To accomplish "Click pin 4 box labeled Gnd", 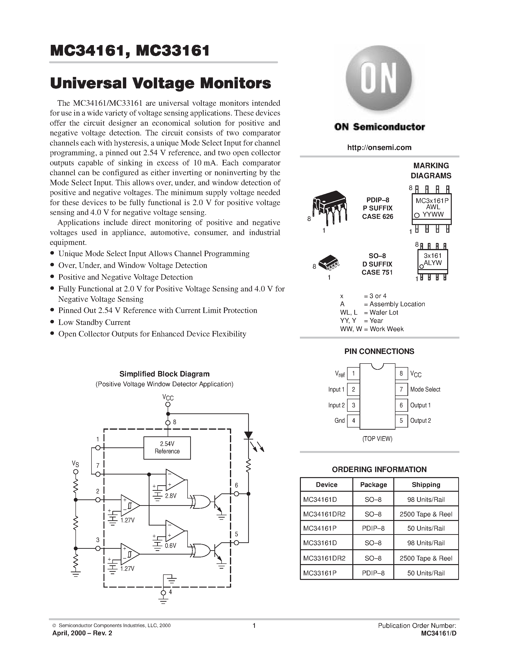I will tap(353, 421).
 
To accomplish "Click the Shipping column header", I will tap(426, 485).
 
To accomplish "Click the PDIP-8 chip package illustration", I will tap(330, 207).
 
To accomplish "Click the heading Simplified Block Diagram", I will tap(164, 374).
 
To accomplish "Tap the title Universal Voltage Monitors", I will tap(160, 83).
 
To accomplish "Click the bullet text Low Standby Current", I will tap(94, 322).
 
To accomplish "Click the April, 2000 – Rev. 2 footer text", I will tap(82, 633).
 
